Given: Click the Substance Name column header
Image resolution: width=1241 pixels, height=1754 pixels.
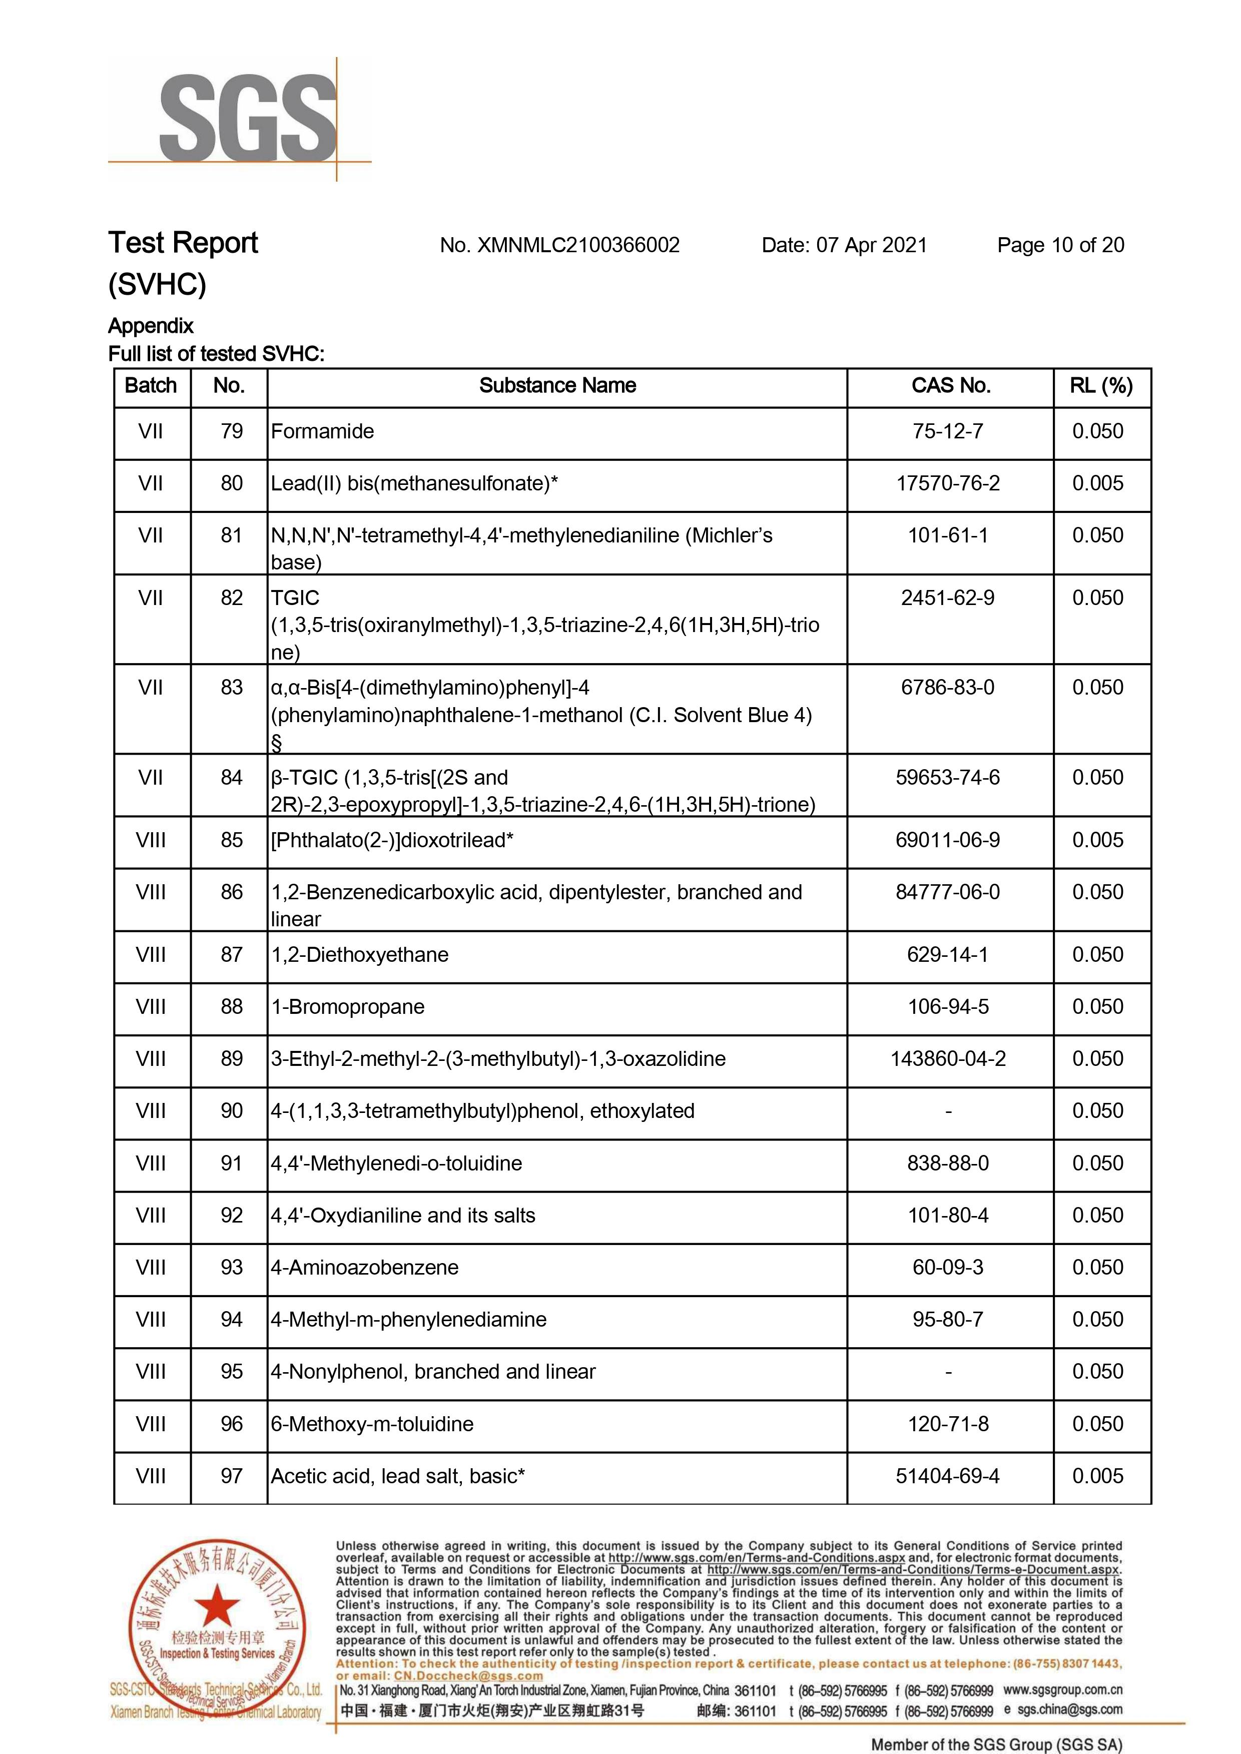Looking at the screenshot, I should click(x=557, y=386).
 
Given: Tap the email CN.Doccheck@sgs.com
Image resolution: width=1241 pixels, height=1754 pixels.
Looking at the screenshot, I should click(x=468, y=1675).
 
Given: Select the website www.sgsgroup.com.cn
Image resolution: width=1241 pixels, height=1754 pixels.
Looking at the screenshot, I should click(x=1062, y=1690).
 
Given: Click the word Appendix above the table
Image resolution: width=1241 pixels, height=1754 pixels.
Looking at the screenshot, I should click(x=151, y=326).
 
